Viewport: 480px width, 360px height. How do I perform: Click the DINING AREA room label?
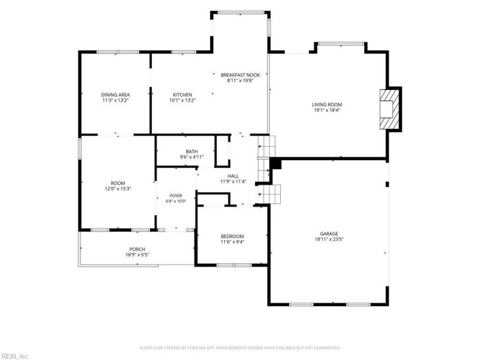click(115, 95)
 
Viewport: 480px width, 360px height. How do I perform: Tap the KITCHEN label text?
click(182, 95)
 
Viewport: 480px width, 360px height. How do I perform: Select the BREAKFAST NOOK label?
click(241, 75)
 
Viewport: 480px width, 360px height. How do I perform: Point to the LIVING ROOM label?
click(327, 104)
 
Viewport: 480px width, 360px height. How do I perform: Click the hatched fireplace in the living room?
click(389, 109)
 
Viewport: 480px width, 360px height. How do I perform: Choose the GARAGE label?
click(329, 234)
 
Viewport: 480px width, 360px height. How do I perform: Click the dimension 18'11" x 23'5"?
click(329, 239)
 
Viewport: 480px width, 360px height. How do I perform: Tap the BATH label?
click(191, 152)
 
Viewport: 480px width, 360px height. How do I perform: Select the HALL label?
click(233, 176)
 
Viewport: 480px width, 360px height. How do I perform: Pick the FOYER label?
click(176, 196)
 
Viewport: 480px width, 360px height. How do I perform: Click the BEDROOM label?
click(232, 236)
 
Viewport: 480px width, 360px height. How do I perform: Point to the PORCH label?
click(137, 249)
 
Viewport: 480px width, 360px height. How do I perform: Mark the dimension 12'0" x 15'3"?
click(118, 189)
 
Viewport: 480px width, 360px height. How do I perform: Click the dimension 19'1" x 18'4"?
click(327, 110)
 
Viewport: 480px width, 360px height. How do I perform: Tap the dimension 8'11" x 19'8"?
click(241, 80)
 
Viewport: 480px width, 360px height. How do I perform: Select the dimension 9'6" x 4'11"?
click(191, 157)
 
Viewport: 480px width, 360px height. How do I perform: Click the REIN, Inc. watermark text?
click(14, 356)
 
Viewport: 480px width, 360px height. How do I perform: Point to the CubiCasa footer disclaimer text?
click(239, 348)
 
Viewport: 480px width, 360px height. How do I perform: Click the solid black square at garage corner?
click(275, 163)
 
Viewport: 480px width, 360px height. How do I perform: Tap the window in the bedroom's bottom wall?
click(235, 265)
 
